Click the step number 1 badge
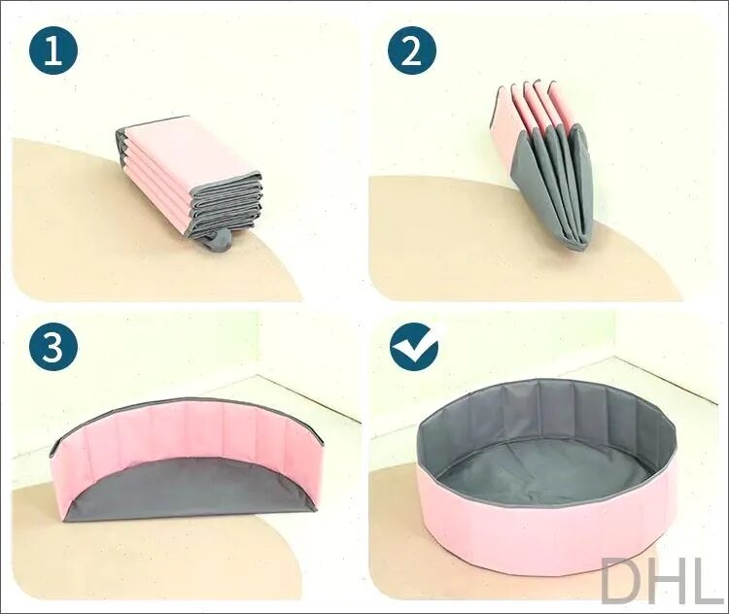(x=53, y=51)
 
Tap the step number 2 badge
(x=412, y=51)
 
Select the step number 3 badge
(x=53, y=347)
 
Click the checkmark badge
(x=414, y=347)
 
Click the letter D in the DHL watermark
(x=622, y=580)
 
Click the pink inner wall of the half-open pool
(x=186, y=432)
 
